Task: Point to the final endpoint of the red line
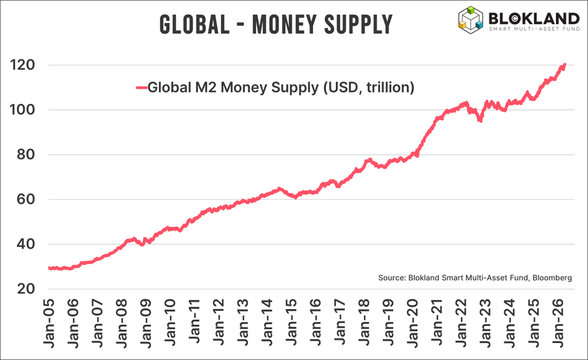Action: pyautogui.click(x=564, y=65)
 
